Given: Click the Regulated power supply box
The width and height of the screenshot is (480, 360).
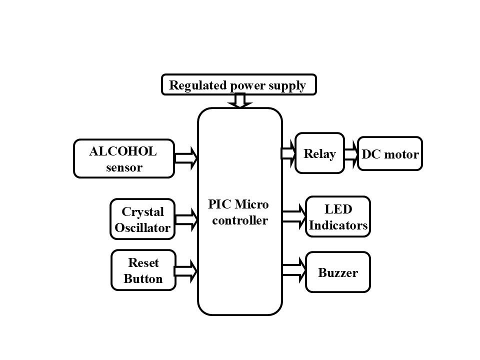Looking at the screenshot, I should pyautogui.click(x=239, y=85).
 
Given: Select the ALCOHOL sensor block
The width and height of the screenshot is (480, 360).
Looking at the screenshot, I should pyautogui.click(x=123, y=158).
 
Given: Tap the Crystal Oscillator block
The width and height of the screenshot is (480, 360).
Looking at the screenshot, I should pyautogui.click(x=142, y=219).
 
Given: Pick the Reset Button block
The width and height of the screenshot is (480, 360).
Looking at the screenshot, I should pyautogui.click(x=143, y=270).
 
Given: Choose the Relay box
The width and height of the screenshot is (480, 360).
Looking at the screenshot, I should pyautogui.click(x=319, y=153).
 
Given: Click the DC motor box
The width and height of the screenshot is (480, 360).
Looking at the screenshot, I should pyautogui.click(x=390, y=153).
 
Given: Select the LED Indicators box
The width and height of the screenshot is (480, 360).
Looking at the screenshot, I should pyautogui.click(x=338, y=216).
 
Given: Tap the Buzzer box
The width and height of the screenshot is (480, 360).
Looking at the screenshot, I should pyautogui.click(x=338, y=272).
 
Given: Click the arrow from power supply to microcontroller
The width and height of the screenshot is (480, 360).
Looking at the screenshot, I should pyautogui.click(x=240, y=101).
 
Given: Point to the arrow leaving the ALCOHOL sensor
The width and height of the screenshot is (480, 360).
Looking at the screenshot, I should pyautogui.click(x=186, y=157).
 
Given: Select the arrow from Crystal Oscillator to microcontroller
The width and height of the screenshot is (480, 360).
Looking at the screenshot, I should pyautogui.click(x=186, y=218).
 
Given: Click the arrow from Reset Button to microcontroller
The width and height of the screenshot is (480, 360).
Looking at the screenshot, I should pyautogui.click(x=186, y=270).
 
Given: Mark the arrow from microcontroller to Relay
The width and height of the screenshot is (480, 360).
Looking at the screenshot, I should pyautogui.click(x=289, y=153).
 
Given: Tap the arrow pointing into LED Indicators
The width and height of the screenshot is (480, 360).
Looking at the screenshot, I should pyautogui.click(x=294, y=216).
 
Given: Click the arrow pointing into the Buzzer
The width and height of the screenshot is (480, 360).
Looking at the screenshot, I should pyautogui.click(x=294, y=270).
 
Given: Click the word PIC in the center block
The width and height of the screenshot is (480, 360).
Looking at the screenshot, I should pyautogui.click(x=218, y=205).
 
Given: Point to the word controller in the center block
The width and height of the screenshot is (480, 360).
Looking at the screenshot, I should pyautogui.click(x=240, y=220).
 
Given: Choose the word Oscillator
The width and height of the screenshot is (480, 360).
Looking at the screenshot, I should pyautogui.click(x=142, y=228).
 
